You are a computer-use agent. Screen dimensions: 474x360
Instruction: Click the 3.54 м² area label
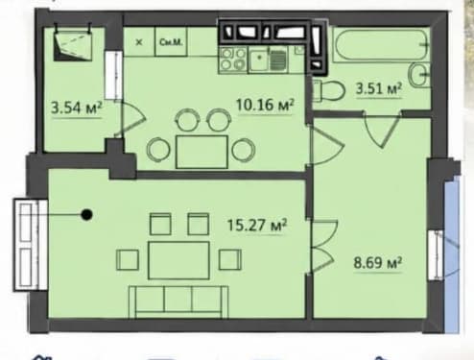(77, 108)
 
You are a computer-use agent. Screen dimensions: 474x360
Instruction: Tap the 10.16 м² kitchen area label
(265, 105)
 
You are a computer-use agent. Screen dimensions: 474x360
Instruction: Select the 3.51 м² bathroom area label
(379, 88)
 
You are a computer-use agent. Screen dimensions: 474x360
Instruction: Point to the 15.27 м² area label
(257, 225)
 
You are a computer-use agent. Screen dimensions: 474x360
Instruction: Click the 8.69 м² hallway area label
(377, 263)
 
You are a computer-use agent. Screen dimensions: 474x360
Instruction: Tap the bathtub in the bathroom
(381, 44)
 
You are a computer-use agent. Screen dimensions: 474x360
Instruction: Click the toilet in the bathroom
(328, 90)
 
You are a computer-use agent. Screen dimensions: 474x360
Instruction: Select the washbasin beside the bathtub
(419, 75)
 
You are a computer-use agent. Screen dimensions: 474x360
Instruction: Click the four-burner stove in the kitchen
(233, 60)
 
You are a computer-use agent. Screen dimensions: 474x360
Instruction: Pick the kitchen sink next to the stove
(269, 60)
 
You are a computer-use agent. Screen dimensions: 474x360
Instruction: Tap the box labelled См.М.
(171, 42)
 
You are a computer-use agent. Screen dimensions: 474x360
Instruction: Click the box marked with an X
(139, 42)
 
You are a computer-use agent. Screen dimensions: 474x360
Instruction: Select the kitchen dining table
(201, 152)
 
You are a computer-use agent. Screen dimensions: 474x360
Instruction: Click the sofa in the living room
(178, 301)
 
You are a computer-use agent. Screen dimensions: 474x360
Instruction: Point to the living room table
(178, 260)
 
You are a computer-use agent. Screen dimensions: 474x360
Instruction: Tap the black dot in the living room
(86, 214)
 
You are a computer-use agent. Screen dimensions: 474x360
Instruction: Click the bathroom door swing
(383, 129)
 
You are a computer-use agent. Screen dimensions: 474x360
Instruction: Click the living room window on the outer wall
(31, 245)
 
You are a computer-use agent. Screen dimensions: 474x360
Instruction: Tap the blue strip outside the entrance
(452, 256)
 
